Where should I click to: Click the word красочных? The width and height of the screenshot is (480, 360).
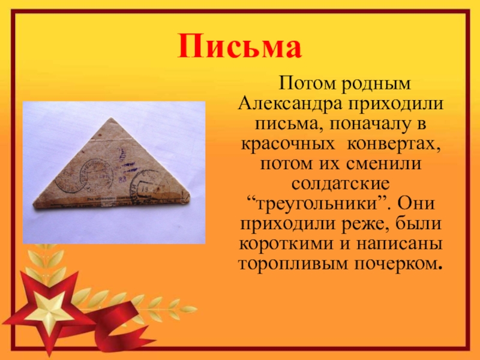[288, 143]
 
